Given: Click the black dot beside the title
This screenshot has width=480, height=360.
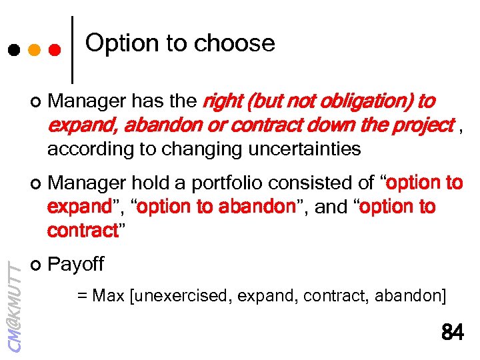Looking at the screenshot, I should point(13,51).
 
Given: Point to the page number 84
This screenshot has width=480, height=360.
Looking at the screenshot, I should point(452,332).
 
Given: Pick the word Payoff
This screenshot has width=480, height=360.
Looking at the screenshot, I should point(76,264).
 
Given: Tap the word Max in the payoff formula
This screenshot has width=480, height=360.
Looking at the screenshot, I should point(109,295).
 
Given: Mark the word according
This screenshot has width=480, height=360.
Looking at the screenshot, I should point(83,149).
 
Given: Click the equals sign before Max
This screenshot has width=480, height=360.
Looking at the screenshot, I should point(83,295).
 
